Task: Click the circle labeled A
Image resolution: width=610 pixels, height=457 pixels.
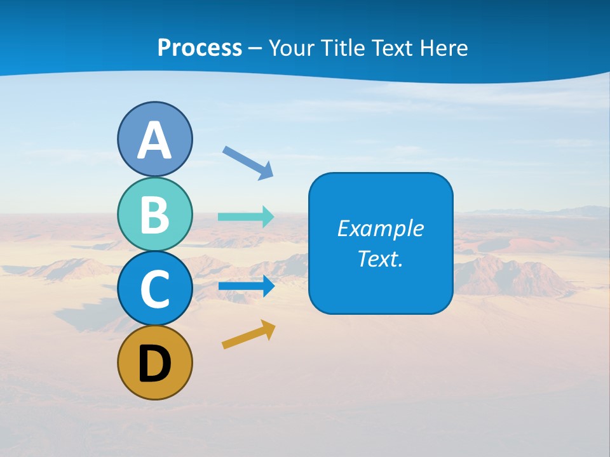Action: click(155, 139)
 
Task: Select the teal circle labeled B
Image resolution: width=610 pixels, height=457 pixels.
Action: click(155, 214)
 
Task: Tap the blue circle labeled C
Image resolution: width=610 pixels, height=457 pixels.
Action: click(155, 288)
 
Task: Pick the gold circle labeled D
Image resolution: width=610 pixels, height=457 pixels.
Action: click(155, 362)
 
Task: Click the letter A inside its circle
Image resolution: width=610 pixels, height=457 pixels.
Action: click(155, 140)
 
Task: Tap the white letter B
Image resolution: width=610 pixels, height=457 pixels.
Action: click(155, 215)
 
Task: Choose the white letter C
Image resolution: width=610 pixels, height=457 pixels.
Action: click(155, 289)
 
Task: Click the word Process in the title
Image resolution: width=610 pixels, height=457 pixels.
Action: click(200, 48)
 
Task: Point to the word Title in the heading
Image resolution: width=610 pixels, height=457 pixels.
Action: click(342, 48)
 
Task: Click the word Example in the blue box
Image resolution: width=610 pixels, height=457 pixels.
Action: click(381, 228)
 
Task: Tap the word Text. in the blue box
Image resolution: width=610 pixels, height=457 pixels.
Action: click(381, 258)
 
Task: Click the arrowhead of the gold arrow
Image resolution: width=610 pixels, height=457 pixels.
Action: click(269, 329)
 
